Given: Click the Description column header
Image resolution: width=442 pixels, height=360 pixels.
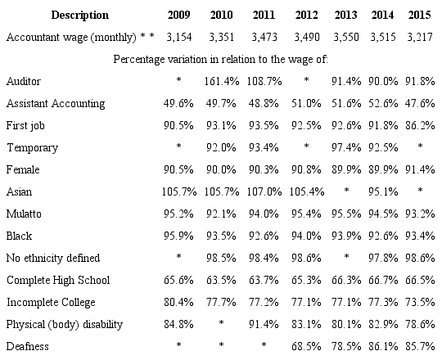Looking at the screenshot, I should (56, 16).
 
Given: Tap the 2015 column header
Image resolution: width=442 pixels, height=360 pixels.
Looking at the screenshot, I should (420, 16).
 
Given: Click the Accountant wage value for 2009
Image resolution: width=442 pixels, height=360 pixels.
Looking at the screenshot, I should (178, 38).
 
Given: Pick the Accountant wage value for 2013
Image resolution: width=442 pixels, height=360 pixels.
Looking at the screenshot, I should (345, 38).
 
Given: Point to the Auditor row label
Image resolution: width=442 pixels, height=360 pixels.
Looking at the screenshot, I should (23, 82).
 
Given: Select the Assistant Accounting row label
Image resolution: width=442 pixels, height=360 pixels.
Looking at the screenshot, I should (55, 104).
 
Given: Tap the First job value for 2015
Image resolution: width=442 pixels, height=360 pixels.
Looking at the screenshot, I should (420, 126).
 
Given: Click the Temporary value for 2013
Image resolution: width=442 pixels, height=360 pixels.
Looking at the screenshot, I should (345, 148).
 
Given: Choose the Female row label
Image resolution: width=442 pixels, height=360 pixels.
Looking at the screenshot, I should (23, 170).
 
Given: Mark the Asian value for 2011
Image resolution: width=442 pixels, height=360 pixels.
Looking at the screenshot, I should (263, 192).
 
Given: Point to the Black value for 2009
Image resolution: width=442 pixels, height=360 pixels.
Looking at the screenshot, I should (178, 236).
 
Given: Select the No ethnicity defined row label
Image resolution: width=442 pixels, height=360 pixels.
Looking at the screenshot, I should (54, 259).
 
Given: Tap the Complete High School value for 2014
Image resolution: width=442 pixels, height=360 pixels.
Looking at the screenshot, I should (382, 281).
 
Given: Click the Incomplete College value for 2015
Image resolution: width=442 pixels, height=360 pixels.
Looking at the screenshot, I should (420, 303).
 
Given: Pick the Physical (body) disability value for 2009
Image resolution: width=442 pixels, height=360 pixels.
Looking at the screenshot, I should (178, 325).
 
